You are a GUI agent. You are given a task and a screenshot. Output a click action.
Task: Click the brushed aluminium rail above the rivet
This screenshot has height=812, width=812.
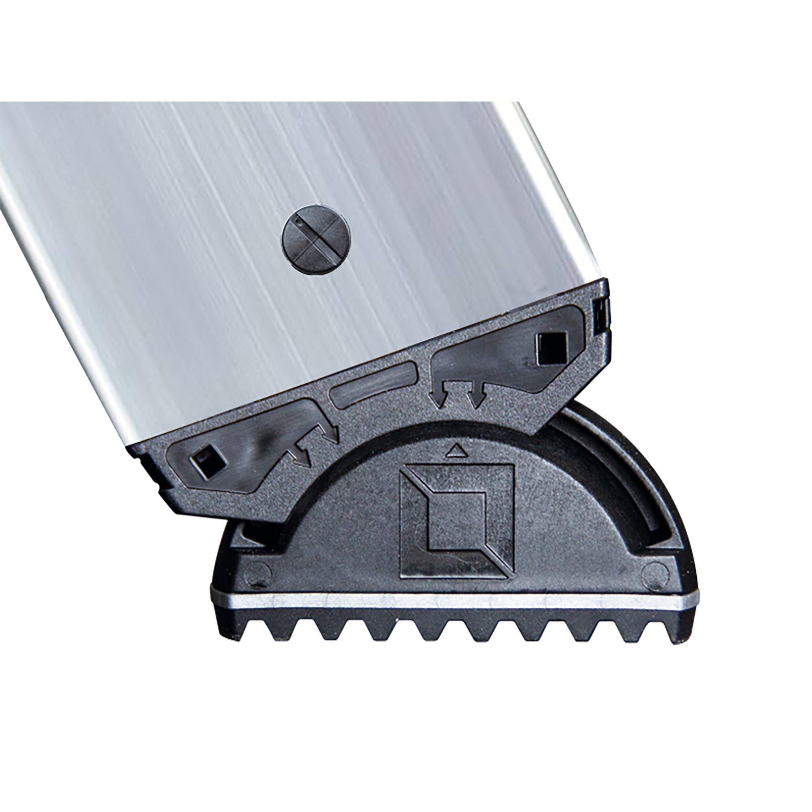point(294,160)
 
